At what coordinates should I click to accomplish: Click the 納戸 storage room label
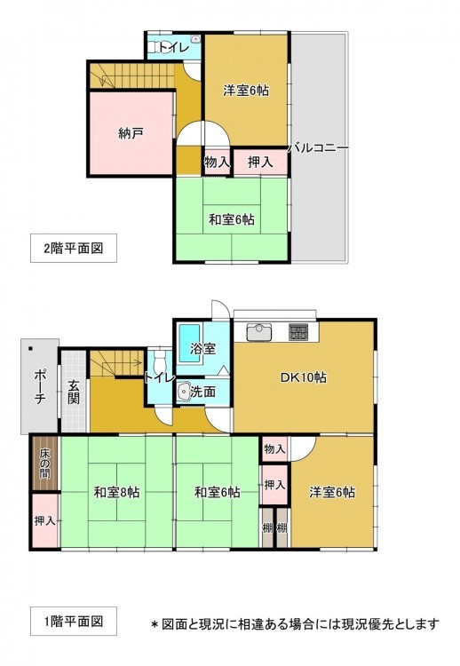point(131,134)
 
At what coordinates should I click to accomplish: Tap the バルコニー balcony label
point(319,148)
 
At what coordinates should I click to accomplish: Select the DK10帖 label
point(304,377)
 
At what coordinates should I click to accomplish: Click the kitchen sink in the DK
point(259,332)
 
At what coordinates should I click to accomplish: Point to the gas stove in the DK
point(299,332)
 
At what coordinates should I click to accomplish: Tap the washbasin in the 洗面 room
point(185,392)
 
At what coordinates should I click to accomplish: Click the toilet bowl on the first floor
point(159,362)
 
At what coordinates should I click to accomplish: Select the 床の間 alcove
point(45,464)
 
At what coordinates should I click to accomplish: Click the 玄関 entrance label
point(75,392)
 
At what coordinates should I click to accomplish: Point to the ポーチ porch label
point(39,386)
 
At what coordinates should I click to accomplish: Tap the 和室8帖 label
point(117,492)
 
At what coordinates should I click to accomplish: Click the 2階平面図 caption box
point(74,248)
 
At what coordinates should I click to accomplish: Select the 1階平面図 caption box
point(74,622)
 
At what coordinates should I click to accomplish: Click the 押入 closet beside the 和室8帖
point(45,520)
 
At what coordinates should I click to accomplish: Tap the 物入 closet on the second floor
point(217,162)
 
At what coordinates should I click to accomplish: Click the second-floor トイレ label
point(174,48)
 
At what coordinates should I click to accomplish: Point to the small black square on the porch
point(30,349)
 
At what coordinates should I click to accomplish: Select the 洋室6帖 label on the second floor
point(246,91)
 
